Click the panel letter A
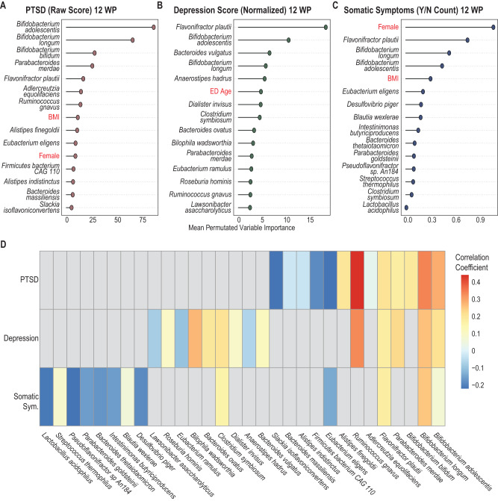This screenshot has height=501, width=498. pos(4,6)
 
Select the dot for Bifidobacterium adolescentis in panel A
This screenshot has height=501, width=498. pos(153,26)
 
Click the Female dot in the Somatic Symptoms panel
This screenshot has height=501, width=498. pos(493,26)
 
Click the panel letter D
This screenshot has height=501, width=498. pos(4,244)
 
